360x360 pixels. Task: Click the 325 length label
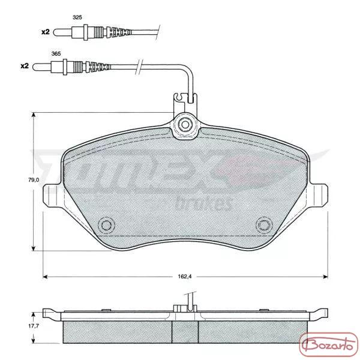pos(77,17)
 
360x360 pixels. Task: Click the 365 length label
pos(56,54)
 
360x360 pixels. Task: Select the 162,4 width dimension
pos(185,277)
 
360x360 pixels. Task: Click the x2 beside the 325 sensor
pos(46,32)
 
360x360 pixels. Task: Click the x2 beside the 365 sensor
pos(25,66)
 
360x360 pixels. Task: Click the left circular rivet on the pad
pos(106,225)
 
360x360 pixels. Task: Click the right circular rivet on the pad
pos(264,225)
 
